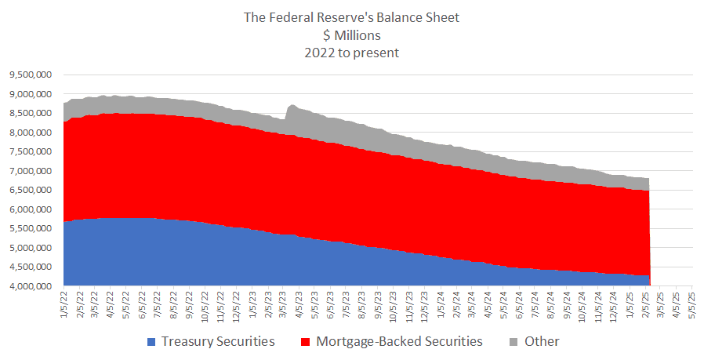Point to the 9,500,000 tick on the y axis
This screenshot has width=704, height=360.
(31, 75)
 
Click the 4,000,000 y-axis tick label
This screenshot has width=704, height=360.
(31, 286)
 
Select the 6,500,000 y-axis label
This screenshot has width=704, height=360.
(31, 191)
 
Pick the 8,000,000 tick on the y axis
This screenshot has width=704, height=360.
(31, 133)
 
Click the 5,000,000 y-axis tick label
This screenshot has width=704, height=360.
(31, 248)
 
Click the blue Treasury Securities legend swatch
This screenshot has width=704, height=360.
(151, 342)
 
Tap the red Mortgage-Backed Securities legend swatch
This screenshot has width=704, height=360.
(305, 342)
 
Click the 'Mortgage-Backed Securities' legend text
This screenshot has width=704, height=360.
(399, 342)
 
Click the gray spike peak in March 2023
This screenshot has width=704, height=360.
(292, 104)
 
